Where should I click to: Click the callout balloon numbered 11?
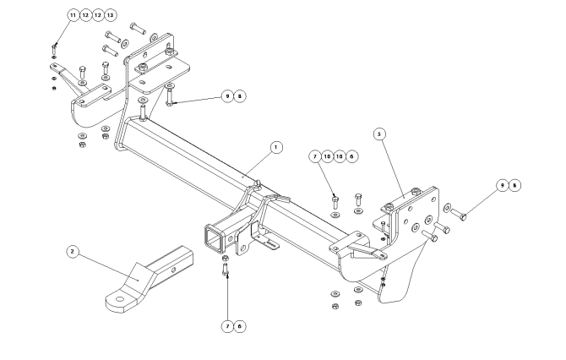73,15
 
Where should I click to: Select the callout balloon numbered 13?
110,15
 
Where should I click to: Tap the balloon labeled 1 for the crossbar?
276,147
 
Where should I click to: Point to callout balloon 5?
379,134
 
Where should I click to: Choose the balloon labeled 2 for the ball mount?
73,251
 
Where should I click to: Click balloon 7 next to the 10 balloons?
315,156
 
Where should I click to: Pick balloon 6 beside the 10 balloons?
352,156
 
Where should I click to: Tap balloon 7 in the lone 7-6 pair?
227,326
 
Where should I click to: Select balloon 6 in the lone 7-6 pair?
240,326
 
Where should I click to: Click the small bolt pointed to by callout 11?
54,49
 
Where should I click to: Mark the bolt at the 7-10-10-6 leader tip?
335,202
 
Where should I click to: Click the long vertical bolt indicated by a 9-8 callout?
169,95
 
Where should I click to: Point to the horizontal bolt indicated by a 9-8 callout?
459,214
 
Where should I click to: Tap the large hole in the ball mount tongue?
119,299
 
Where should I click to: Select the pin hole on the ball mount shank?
174,270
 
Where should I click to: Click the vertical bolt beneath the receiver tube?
226,269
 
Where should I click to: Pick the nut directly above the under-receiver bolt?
225,259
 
